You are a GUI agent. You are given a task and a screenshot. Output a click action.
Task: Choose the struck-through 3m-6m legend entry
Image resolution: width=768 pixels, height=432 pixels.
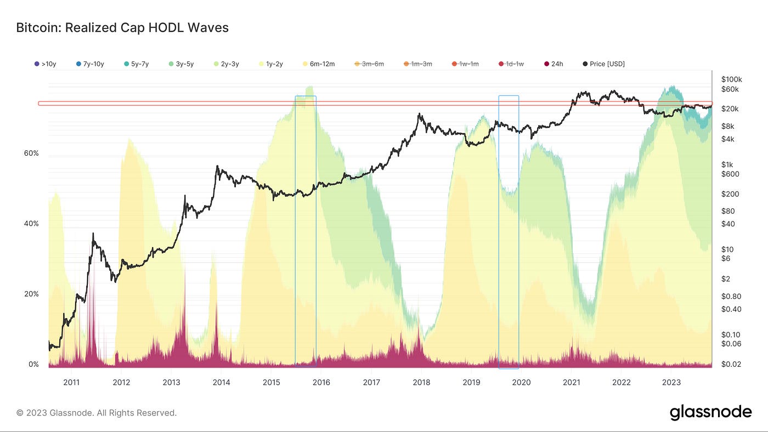click(369, 64)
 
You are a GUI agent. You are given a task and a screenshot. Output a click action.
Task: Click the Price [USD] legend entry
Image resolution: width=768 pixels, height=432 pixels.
click(603, 64)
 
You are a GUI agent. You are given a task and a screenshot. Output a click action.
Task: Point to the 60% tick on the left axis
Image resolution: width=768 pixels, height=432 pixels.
click(31, 154)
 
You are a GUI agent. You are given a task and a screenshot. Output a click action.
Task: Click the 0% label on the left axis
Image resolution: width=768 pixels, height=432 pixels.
click(33, 365)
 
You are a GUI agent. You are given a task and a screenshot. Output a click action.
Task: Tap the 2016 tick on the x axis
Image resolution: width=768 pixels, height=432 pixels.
click(321, 382)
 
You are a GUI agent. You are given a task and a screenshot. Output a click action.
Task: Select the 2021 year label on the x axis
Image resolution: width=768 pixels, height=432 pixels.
click(572, 382)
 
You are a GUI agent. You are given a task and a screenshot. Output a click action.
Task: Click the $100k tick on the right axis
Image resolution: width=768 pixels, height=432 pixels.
click(732, 79)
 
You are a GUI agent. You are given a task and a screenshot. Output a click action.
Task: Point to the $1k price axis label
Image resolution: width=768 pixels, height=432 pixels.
click(727, 164)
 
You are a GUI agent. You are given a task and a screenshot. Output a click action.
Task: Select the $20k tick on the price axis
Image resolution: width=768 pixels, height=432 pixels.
click(730, 109)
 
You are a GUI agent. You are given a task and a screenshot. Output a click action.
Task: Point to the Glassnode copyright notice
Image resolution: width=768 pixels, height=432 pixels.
click(97, 413)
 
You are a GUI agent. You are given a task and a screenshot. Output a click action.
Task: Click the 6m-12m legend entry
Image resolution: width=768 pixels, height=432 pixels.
click(319, 64)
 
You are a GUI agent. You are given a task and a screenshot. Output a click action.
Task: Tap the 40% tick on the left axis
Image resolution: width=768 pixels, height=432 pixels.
click(31, 224)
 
